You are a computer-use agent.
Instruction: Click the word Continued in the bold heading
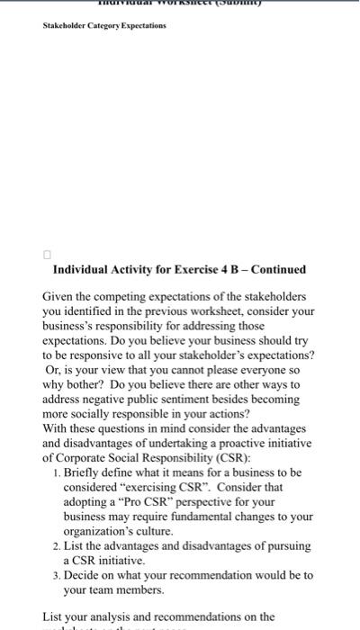tap(279, 269)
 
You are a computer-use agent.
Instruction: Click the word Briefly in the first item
tap(83, 472)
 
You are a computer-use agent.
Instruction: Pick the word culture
tap(146, 530)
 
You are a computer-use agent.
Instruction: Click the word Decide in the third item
tap(83, 574)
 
